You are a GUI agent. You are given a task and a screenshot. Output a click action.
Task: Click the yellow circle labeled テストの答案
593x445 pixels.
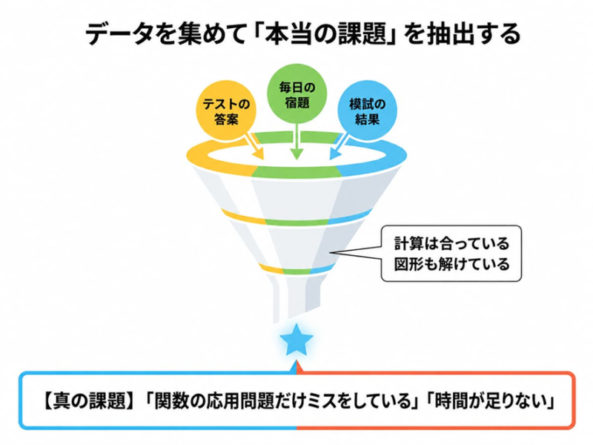(x=226, y=110)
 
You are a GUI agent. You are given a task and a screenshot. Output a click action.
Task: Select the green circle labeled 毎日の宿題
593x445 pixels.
(x=297, y=94)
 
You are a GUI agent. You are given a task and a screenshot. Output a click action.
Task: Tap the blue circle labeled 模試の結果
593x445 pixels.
(x=367, y=110)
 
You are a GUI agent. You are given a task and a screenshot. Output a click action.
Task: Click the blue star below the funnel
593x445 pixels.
(x=296, y=340)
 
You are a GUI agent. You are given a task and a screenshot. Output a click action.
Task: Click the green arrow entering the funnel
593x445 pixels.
(x=297, y=142)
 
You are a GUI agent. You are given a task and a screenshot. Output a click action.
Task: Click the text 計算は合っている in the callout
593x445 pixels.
(x=451, y=243)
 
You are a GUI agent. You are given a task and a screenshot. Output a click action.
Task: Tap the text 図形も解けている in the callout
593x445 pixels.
(x=451, y=264)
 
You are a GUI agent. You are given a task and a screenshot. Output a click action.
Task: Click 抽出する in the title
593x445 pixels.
(x=473, y=34)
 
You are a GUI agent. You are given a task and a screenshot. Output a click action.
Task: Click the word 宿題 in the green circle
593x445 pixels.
(x=297, y=102)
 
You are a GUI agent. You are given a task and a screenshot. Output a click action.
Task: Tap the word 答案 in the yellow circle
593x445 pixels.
(x=226, y=119)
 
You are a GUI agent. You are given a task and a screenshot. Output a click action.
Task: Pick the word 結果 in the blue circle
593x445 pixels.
(x=367, y=119)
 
